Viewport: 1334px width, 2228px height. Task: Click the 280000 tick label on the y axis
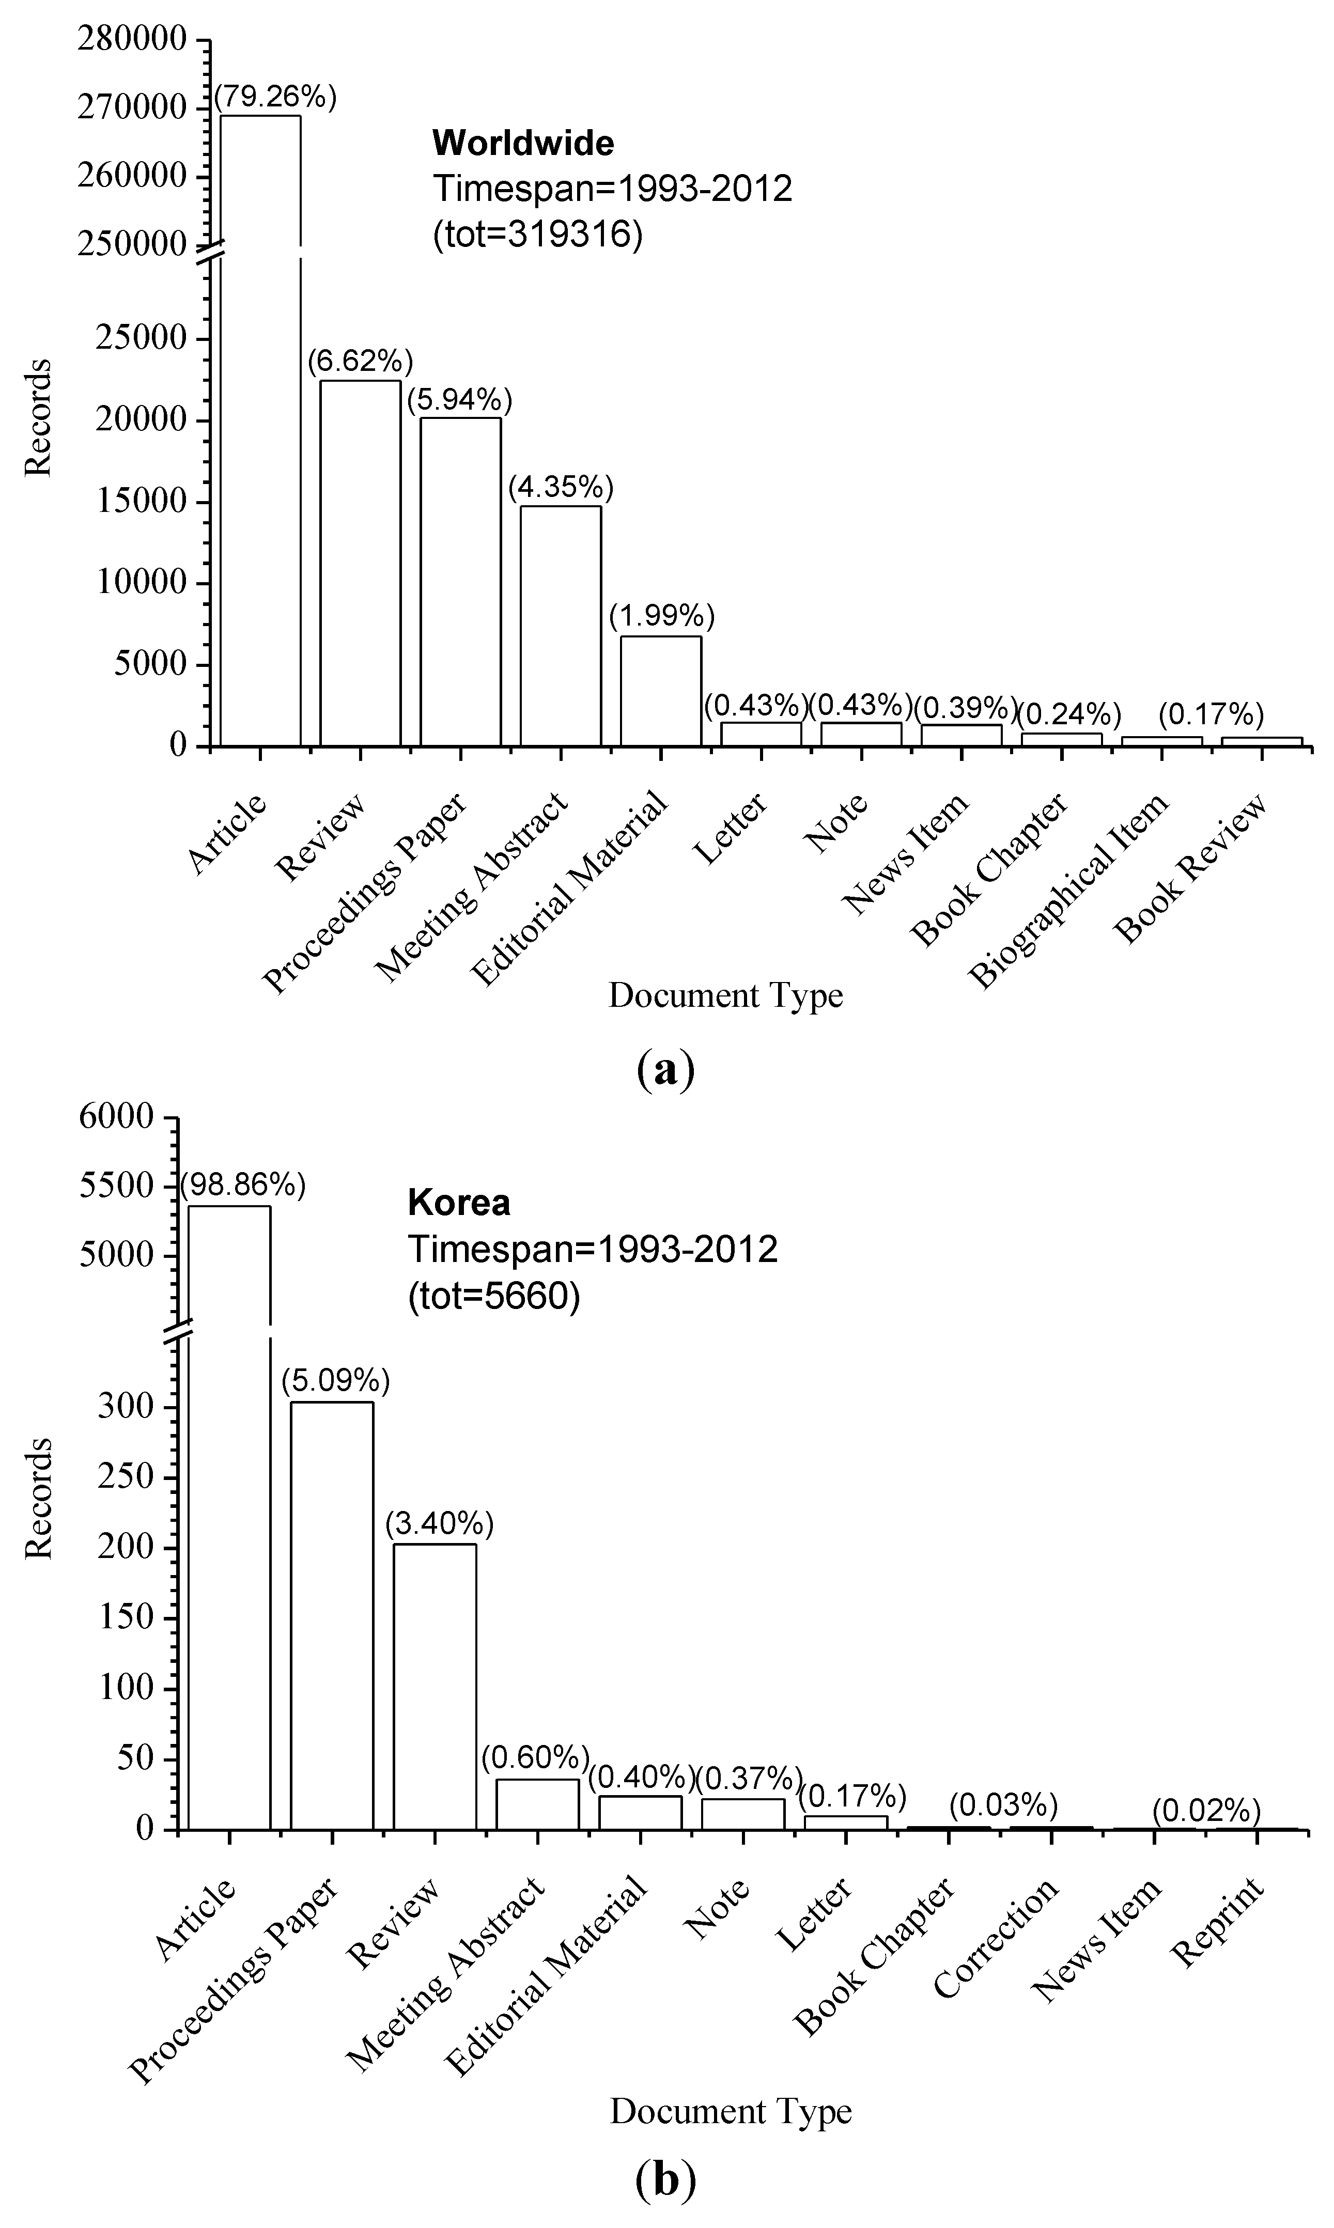click(132, 40)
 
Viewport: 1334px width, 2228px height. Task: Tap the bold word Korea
click(458, 1203)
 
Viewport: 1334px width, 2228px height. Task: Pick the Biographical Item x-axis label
click(1072, 889)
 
